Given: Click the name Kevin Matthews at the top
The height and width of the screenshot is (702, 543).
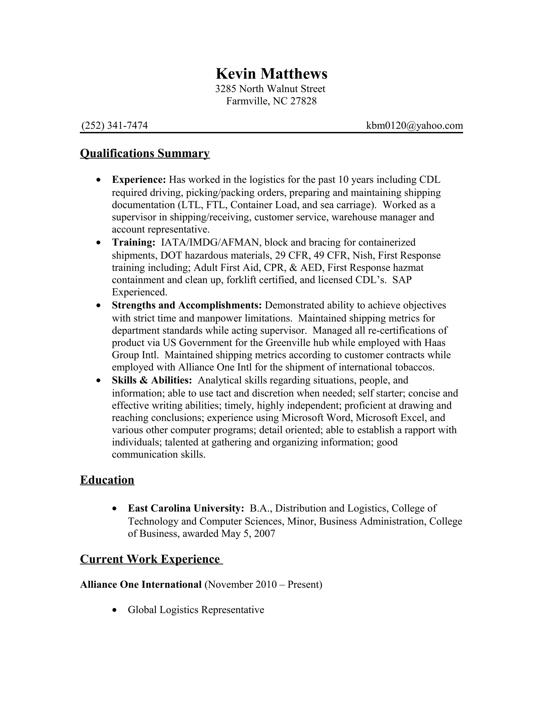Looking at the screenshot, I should coord(271,74).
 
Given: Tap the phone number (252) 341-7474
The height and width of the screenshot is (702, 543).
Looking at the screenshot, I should coord(115,125).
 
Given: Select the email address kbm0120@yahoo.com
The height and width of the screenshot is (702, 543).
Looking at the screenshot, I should coord(414,125).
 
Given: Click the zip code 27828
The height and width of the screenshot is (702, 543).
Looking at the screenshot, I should coord(303,101).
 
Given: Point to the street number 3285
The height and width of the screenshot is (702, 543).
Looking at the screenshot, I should coord(226,89).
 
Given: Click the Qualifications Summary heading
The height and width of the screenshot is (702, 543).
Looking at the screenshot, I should coord(145,153).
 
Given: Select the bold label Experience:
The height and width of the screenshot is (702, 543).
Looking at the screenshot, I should coord(139,179).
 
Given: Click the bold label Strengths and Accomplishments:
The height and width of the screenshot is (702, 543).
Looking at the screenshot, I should coord(187,305).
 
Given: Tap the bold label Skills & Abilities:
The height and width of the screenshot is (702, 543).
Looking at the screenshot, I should coord(152,380).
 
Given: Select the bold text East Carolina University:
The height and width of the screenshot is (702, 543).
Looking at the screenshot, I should coord(186,508).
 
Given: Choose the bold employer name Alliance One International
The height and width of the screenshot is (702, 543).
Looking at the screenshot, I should coord(141,584).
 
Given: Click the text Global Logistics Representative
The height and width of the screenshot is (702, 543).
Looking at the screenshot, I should coord(196,610).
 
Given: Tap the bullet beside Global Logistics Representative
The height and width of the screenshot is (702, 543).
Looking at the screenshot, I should coord(115,610).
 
